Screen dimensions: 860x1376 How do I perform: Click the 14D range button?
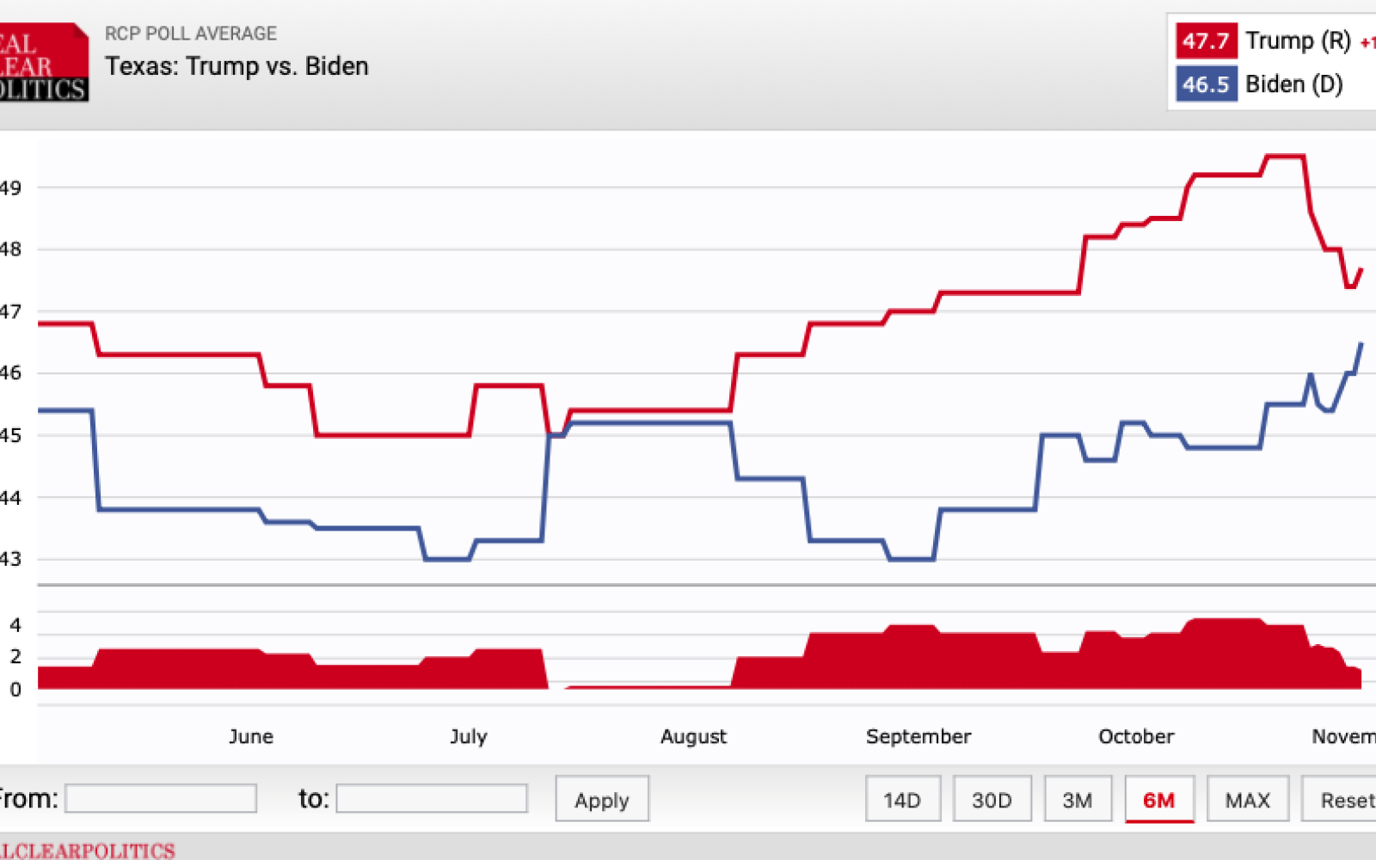click(x=902, y=800)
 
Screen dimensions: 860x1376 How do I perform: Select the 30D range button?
click(x=992, y=800)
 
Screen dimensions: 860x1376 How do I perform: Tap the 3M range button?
click(x=1077, y=800)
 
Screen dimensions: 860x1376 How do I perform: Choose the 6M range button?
click(x=1158, y=800)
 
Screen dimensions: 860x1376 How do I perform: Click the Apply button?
click(x=601, y=800)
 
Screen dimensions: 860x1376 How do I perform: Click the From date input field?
click(x=161, y=798)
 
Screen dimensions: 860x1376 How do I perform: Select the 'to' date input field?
click(x=432, y=798)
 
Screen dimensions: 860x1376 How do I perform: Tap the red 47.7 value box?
click(x=1206, y=40)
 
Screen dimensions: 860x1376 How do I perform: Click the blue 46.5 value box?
click(x=1206, y=84)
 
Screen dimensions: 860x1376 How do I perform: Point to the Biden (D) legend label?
click(x=1293, y=84)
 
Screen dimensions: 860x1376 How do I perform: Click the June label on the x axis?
click(x=251, y=736)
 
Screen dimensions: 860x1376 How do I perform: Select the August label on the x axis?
click(x=693, y=736)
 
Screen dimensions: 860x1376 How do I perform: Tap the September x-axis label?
click(x=918, y=736)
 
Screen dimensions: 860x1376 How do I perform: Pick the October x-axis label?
click(x=1136, y=736)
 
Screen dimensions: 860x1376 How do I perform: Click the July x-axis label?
click(x=469, y=736)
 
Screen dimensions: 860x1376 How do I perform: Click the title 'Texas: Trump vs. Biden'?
click(x=236, y=66)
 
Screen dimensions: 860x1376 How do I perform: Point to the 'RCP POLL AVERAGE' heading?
click(x=191, y=34)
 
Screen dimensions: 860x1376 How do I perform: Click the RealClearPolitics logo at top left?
click(x=43, y=63)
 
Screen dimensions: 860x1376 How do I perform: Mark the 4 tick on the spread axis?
click(x=15, y=625)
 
